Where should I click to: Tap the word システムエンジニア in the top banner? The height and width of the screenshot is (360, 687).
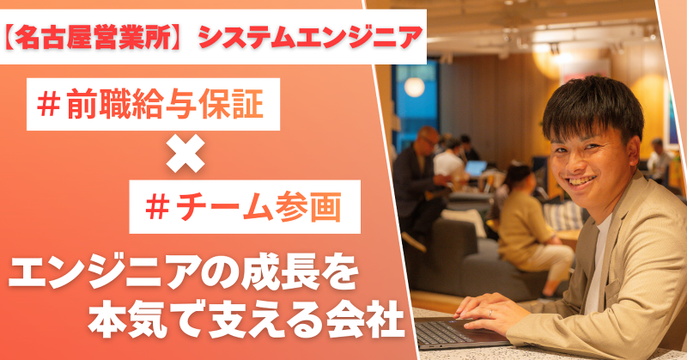pyautogui.click(x=310, y=36)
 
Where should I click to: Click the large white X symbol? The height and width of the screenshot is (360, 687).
pyautogui.click(x=185, y=156)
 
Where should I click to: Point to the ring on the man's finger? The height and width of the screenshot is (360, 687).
pyautogui.click(x=491, y=313)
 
